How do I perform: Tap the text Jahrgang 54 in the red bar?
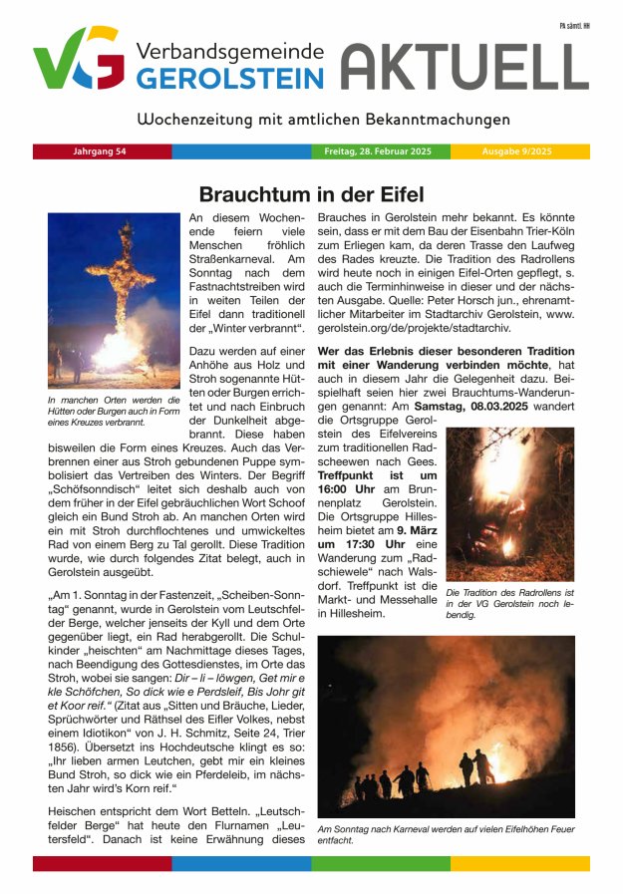point(100,151)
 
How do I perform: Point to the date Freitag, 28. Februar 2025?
point(378,151)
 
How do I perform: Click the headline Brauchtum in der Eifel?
point(311,193)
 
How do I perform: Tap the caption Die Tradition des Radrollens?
point(509,604)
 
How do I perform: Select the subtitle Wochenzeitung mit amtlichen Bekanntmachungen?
point(310,120)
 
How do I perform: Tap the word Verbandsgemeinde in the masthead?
point(230,51)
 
